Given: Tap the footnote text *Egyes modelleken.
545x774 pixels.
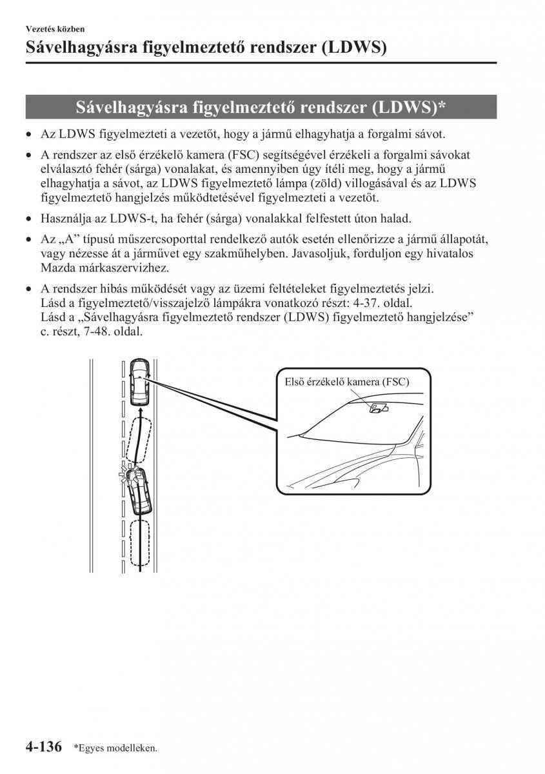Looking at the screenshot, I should (x=115, y=748).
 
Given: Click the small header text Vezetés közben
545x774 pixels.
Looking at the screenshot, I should (x=55, y=29).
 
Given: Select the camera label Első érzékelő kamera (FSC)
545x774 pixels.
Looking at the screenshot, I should (x=347, y=382).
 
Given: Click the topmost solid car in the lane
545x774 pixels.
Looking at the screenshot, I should (x=139, y=382).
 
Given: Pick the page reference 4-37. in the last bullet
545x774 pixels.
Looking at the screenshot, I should (x=364, y=302).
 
